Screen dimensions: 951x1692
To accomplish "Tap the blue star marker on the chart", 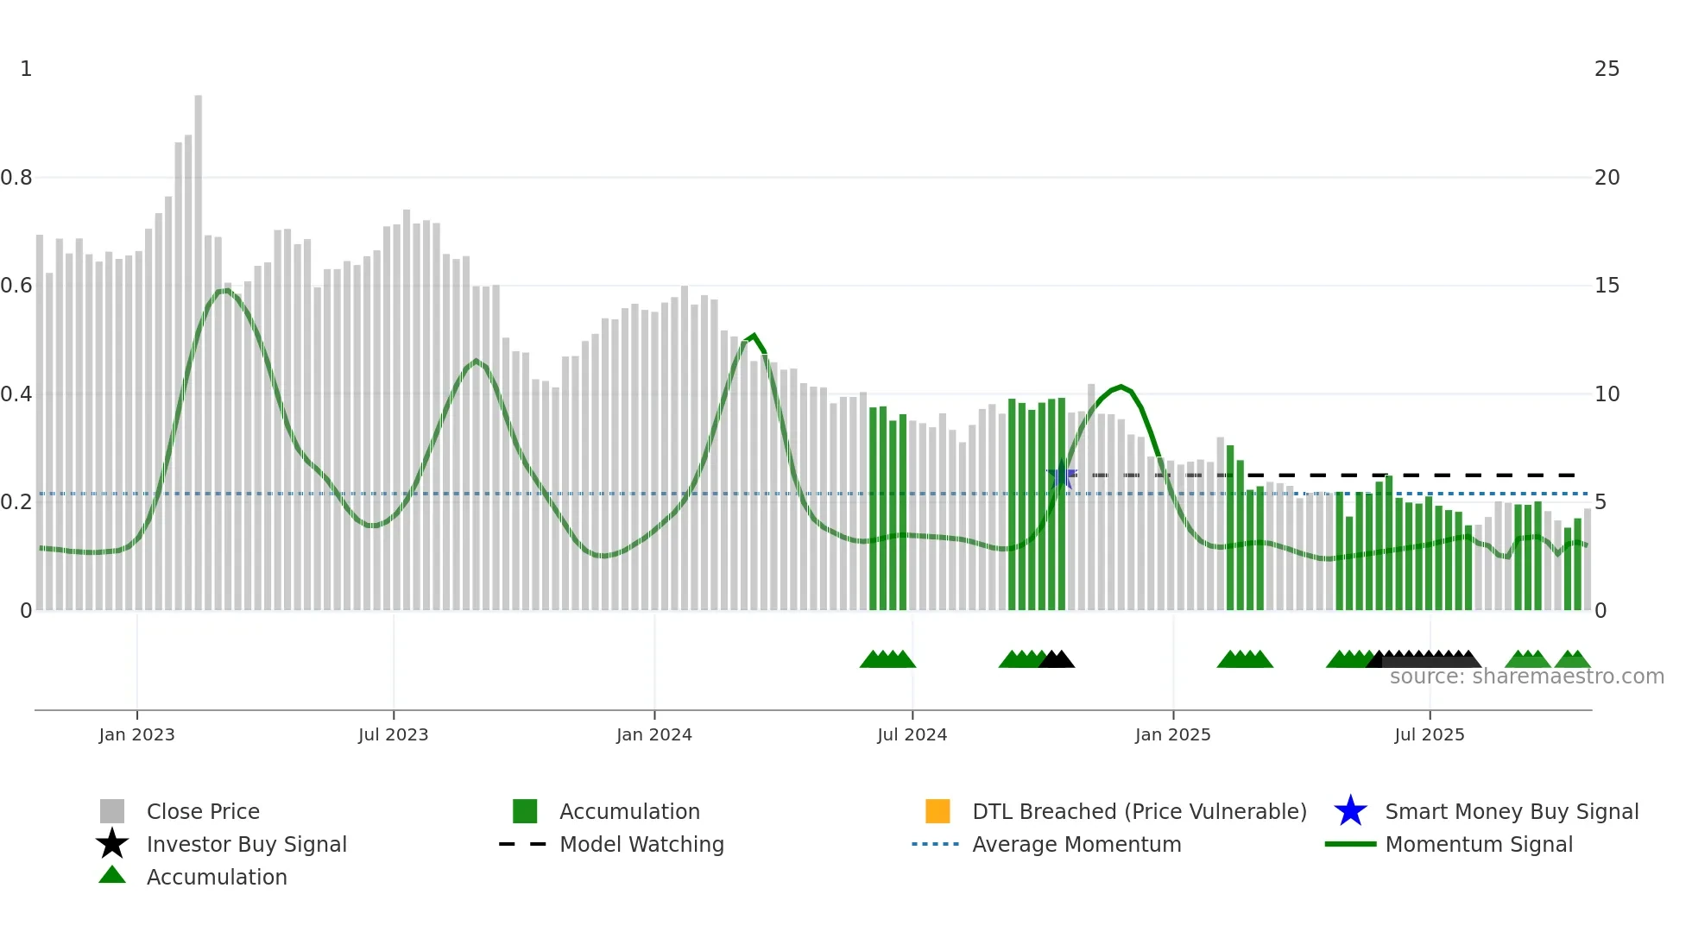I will [x=1061, y=475].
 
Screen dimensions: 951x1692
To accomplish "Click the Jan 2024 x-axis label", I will [x=653, y=734].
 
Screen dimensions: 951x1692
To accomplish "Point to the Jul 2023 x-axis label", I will [x=393, y=734].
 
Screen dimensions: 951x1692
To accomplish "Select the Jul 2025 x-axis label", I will [x=1429, y=734].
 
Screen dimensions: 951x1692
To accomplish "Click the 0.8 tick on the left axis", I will [x=16, y=178].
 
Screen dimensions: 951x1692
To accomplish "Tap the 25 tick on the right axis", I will [x=1607, y=69].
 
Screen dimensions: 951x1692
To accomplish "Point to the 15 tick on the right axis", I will [x=1607, y=286].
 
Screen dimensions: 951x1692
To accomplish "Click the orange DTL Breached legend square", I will [x=938, y=811].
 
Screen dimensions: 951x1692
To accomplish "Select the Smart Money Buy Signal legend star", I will [x=1350, y=811].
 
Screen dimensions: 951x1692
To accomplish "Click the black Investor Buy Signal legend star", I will [x=112, y=844].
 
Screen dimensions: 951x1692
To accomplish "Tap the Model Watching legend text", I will [x=641, y=844].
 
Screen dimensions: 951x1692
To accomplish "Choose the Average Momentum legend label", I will [x=1076, y=844].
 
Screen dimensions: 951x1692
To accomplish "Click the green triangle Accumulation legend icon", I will [x=112, y=875].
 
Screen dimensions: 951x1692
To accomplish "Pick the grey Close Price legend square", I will [x=112, y=811].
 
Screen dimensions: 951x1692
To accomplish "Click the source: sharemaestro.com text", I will [x=1526, y=677].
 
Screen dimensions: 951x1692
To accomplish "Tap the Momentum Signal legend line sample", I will [x=1350, y=844].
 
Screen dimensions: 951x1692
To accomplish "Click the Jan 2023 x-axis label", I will [x=136, y=734].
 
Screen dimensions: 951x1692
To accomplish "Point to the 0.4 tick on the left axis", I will [x=16, y=394].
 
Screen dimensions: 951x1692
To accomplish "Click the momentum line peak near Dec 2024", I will [x=1121, y=387].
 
